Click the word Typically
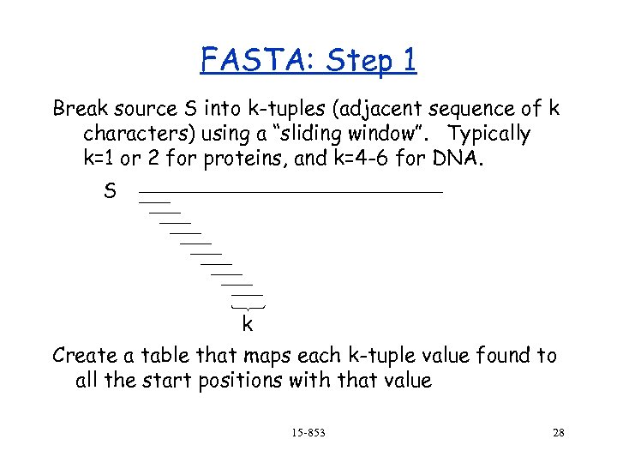click(x=489, y=135)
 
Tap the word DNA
click(x=460, y=159)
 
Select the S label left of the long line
click(x=109, y=190)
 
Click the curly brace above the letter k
click(x=248, y=307)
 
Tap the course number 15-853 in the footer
click(x=308, y=433)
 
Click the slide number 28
click(x=558, y=433)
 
